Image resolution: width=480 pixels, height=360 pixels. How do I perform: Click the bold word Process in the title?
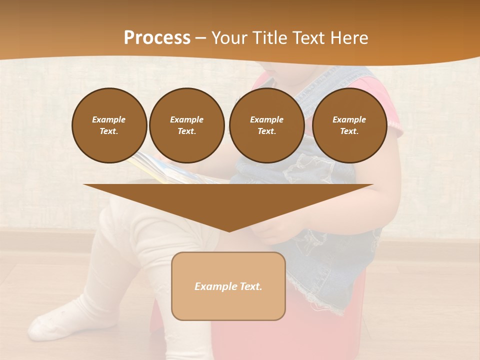(157, 38)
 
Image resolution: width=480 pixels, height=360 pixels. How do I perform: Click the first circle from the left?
(109, 125)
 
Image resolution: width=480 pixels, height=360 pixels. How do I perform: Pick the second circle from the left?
(186, 125)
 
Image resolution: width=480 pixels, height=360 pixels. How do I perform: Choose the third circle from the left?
(266, 125)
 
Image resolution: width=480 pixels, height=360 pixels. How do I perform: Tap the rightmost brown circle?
(349, 125)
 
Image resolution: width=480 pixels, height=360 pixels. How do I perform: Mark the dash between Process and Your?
(201, 38)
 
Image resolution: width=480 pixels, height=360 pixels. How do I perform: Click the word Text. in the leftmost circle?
(109, 131)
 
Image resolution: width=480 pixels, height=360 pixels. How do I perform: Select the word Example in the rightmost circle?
(349, 119)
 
